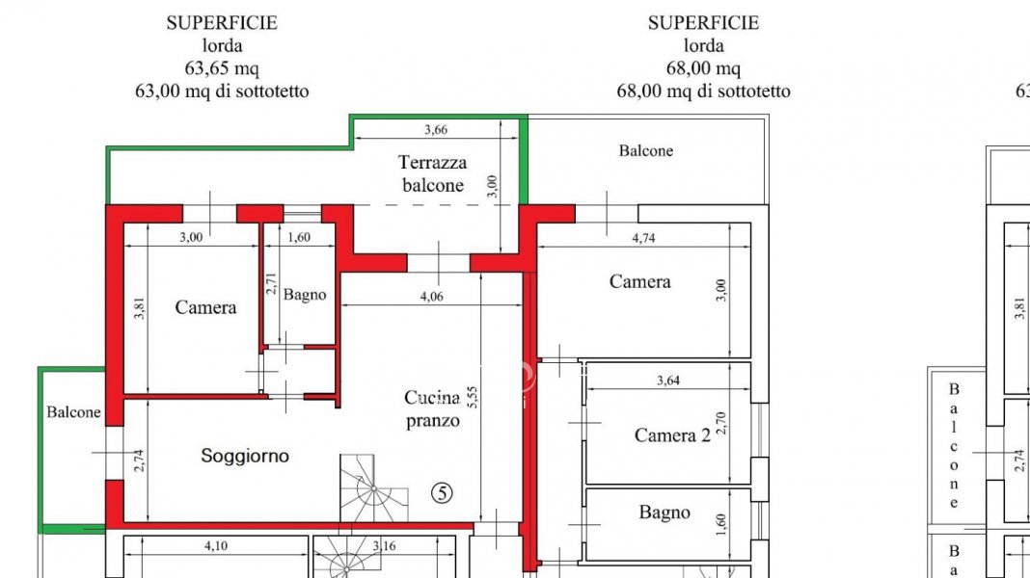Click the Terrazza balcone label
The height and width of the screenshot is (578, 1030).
click(x=432, y=174)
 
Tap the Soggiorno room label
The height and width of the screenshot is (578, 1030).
click(x=245, y=456)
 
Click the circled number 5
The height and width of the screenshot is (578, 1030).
click(x=441, y=492)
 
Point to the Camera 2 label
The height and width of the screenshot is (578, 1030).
click(x=672, y=435)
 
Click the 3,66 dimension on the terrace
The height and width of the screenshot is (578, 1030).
click(x=436, y=130)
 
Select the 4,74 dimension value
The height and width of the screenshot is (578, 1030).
click(x=642, y=239)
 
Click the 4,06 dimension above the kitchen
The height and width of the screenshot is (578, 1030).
click(x=431, y=297)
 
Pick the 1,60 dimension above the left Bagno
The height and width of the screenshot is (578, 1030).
click(x=299, y=238)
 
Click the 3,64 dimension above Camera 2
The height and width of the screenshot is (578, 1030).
click(x=667, y=381)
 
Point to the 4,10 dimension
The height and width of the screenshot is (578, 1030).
click(x=216, y=547)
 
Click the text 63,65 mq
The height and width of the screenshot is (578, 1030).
click(x=221, y=68)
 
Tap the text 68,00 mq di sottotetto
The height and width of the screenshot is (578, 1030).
click(x=703, y=92)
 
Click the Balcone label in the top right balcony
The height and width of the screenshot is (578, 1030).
click(x=645, y=150)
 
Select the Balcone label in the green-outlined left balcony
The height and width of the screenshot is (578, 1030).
click(x=73, y=412)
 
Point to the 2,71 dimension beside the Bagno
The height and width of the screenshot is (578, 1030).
click(x=271, y=285)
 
